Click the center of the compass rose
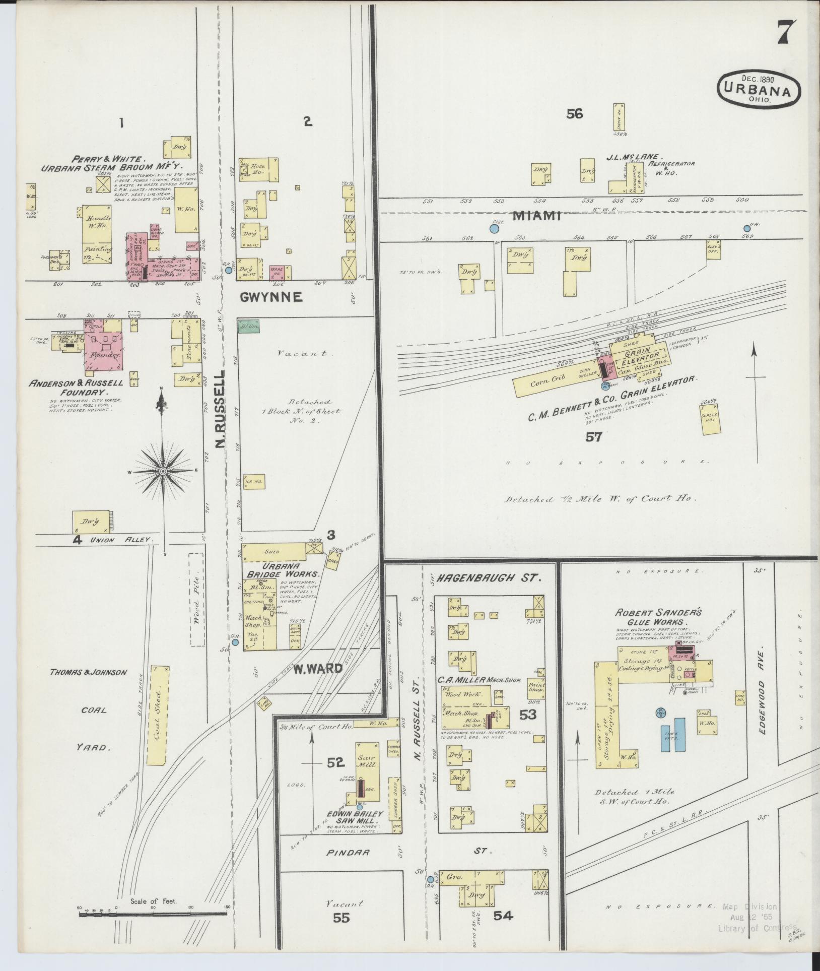163,471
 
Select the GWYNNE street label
271,297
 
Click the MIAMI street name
537,216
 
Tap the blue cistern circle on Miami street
494,229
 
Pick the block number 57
594,436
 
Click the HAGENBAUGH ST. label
490,578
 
